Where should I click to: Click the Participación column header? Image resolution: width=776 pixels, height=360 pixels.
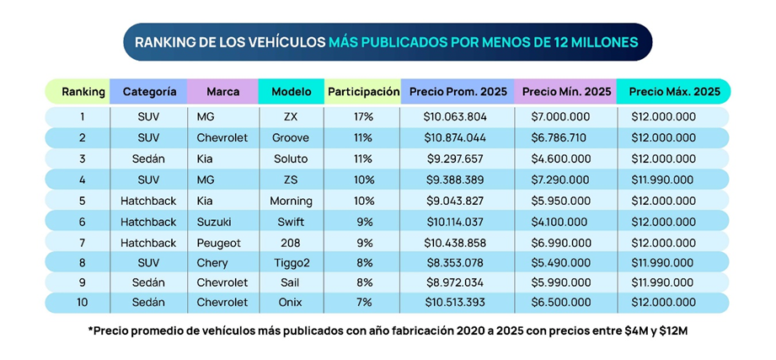click(x=363, y=91)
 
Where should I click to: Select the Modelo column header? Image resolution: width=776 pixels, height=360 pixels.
click(x=292, y=91)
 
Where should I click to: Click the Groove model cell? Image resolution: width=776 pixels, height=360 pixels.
click(x=291, y=137)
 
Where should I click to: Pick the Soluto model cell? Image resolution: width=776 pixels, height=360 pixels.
click(x=292, y=159)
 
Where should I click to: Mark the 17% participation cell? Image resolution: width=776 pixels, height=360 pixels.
click(x=364, y=117)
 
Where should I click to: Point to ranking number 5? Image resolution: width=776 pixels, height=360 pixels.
click(x=83, y=201)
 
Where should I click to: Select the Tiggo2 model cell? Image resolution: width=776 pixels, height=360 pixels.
click(x=292, y=263)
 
